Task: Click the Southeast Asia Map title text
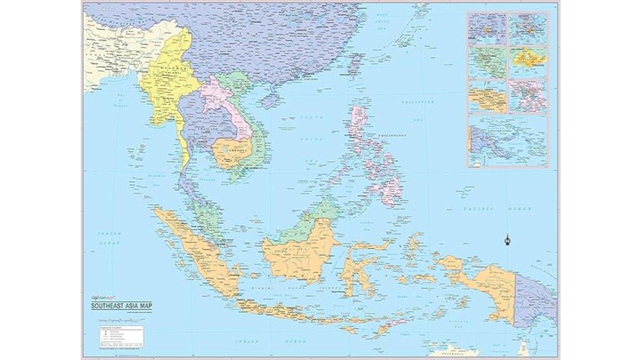point(122,306)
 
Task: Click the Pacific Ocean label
point(495,208)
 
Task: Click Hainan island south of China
point(270,99)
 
